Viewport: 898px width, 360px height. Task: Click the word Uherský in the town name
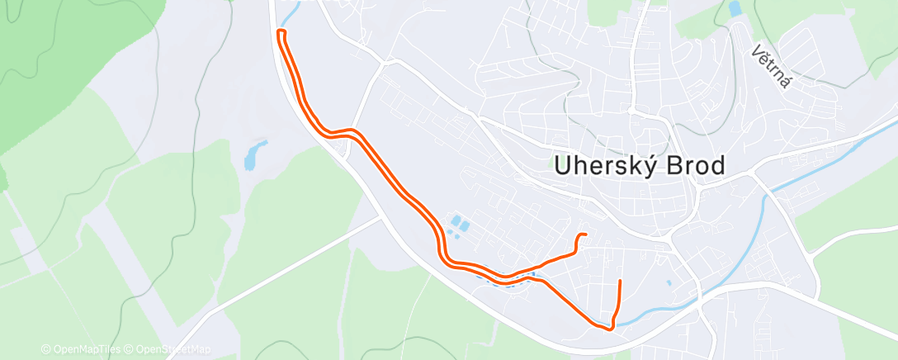coord(608,167)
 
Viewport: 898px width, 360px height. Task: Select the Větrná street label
coord(772,66)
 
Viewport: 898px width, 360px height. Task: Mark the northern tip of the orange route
coord(281,31)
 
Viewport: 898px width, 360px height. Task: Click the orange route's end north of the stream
coord(619,282)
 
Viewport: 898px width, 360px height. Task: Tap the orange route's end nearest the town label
coord(584,236)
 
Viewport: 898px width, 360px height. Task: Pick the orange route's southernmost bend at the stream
coord(609,329)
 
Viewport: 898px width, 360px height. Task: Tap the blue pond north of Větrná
coord(735,9)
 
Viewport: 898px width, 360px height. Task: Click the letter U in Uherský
coord(563,167)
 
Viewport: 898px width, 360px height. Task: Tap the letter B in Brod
coord(677,167)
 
